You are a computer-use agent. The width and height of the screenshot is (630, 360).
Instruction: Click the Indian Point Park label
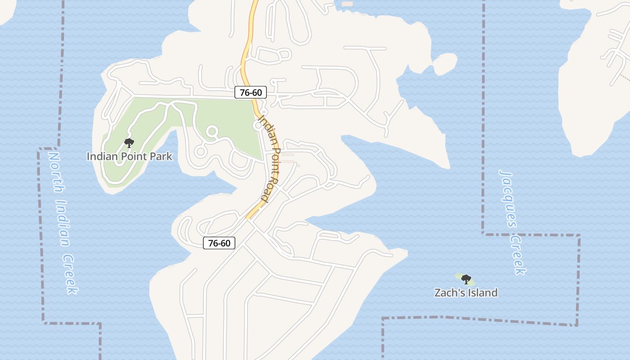coord(129,157)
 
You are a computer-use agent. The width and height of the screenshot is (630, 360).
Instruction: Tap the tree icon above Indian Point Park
coord(129,144)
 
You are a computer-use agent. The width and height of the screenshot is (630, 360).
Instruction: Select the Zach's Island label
coord(466,292)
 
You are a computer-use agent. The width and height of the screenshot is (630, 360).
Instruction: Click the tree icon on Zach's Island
coord(466,279)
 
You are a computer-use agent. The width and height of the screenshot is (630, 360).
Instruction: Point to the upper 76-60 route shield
coord(251,93)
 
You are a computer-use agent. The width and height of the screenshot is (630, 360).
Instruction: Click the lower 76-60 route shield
coord(219,243)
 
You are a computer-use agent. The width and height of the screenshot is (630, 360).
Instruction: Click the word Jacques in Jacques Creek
coord(508,198)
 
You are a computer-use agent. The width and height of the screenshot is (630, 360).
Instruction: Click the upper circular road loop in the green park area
coord(211,132)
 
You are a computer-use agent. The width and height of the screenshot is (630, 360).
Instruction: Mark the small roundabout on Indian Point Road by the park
coord(258,126)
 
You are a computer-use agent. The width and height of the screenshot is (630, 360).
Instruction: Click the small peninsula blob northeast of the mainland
coord(445,64)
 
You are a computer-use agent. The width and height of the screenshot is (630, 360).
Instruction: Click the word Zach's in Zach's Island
coord(447,292)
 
